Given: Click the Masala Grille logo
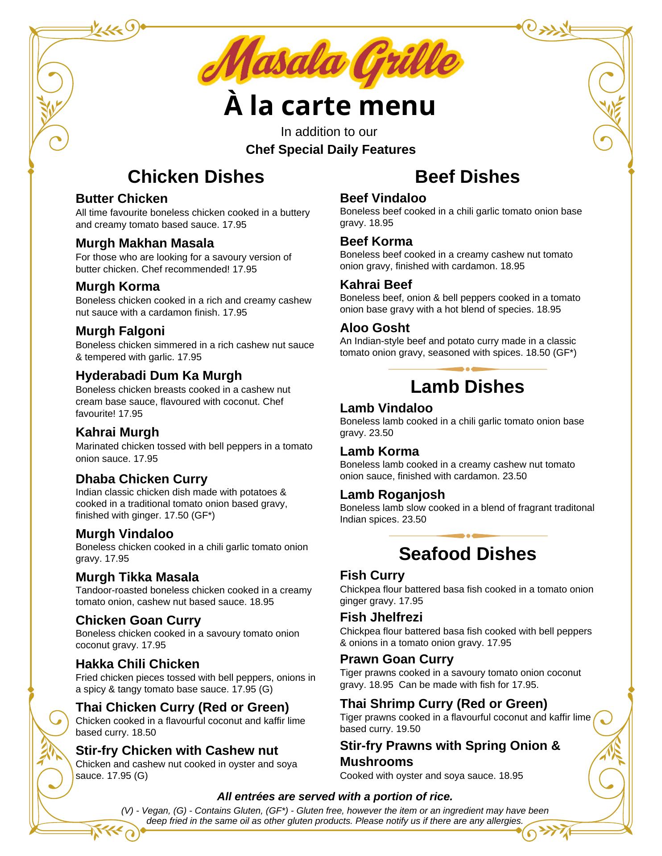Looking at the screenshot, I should [331, 62].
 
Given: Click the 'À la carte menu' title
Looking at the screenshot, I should [330, 106].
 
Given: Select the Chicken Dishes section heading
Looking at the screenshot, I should [196, 177].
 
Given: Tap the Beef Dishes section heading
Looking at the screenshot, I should [467, 177].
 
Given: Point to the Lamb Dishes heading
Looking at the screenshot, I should [467, 387].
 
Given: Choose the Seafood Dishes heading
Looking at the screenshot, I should [467, 554].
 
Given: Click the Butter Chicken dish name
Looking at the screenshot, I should [121, 198].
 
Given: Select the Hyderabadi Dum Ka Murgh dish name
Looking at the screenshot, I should [158, 375].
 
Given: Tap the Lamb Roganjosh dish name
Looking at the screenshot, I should [392, 494].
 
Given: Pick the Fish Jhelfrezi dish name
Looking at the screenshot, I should [381, 617].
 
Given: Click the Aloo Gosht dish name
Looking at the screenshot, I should [375, 328].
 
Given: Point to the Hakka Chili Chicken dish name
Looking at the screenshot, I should [137, 664].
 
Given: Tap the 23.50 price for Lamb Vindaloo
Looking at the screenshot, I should [381, 433].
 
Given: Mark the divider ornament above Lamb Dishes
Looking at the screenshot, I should [468, 369].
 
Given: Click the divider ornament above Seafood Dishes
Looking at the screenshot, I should [468, 536].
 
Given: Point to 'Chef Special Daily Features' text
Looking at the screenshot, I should [331, 149].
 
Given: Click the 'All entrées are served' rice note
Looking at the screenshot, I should [335, 796].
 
